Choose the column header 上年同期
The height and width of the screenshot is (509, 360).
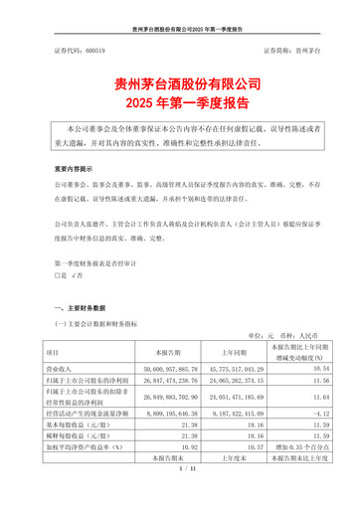(233, 352)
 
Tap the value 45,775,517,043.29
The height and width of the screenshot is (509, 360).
(234, 369)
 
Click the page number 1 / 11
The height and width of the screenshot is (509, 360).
(179, 481)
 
